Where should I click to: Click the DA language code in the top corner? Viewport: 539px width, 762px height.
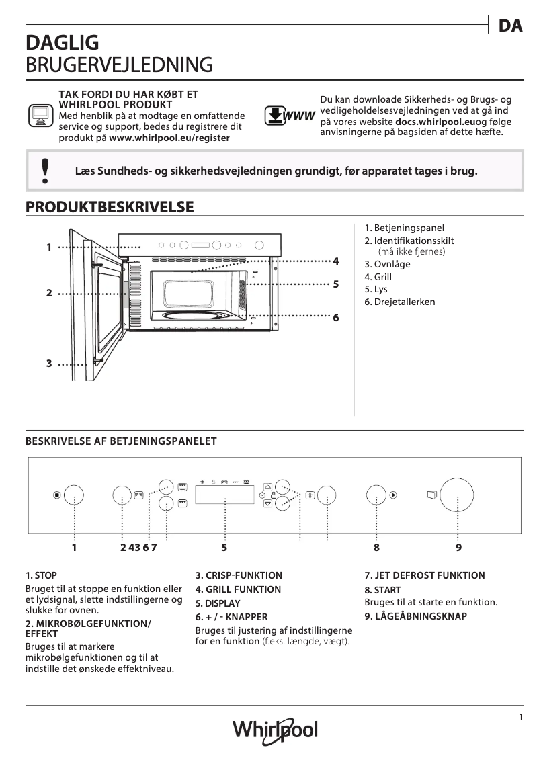[x=511, y=26]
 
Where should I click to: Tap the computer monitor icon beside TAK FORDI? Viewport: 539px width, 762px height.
[x=40, y=115]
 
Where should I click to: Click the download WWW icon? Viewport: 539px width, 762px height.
[x=289, y=116]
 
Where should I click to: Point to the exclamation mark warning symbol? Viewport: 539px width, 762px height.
[x=45, y=171]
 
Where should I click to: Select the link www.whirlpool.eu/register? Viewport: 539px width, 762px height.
[x=169, y=137]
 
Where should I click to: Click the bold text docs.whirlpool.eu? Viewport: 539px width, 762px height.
[x=435, y=122]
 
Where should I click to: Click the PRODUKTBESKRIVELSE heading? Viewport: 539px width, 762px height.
[x=110, y=207]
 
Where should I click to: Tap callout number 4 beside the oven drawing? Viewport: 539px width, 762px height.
[x=335, y=261]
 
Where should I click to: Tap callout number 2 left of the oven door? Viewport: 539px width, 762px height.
[x=49, y=294]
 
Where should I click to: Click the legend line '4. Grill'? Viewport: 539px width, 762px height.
[x=378, y=277]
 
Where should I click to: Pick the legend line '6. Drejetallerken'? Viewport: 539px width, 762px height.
[x=400, y=302]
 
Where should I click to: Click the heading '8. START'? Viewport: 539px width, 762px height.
[x=382, y=590]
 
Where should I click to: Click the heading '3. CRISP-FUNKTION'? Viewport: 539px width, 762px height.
[x=239, y=575]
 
